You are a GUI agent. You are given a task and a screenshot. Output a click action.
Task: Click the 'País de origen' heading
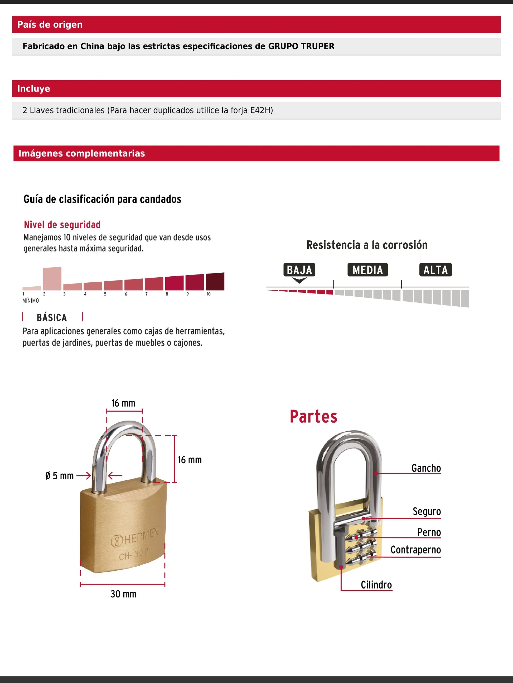point(50,24)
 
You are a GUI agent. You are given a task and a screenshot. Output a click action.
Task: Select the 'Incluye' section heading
point(33,88)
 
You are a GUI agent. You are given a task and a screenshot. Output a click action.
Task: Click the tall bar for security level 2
point(52,278)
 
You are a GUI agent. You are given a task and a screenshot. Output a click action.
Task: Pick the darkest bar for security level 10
point(215,281)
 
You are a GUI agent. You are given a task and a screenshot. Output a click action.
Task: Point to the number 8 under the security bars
point(167,294)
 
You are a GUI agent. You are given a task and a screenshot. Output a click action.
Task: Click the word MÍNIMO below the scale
point(31,300)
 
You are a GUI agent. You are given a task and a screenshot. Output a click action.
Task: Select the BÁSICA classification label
point(52,317)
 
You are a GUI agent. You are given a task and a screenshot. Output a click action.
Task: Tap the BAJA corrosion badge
point(299,270)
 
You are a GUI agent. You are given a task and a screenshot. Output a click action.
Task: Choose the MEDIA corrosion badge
point(368,270)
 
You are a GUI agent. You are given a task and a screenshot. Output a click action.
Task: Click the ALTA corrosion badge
point(435,270)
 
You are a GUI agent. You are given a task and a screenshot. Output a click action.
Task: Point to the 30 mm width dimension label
point(123,594)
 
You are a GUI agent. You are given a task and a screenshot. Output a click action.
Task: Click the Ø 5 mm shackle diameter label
point(59,476)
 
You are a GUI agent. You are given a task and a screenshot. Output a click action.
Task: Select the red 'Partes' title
point(313,417)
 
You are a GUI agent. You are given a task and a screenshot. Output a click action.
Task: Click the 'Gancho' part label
point(426,468)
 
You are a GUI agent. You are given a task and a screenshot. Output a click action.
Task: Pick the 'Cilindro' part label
point(376,585)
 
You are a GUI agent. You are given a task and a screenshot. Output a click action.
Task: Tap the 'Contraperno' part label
point(415,550)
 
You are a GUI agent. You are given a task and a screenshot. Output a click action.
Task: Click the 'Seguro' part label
point(427,511)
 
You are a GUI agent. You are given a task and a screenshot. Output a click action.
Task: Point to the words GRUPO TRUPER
point(301,46)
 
